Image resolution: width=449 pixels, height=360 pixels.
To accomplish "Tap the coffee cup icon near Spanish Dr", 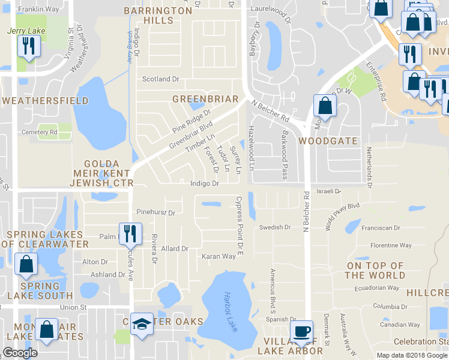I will click(301, 331).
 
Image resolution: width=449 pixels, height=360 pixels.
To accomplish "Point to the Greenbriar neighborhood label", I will click(205, 99).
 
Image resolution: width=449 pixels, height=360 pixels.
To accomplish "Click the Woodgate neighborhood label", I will click(328, 141).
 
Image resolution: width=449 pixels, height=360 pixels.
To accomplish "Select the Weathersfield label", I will click(44, 101).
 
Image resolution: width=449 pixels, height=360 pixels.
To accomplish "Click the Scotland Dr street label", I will click(160, 79).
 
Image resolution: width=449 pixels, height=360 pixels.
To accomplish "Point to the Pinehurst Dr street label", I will click(155, 212).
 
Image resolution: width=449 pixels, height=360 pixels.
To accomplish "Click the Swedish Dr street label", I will click(275, 227).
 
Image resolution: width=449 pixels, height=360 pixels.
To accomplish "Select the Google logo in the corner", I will click(20, 353).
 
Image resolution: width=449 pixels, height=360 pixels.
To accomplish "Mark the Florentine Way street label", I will click(391, 245).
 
